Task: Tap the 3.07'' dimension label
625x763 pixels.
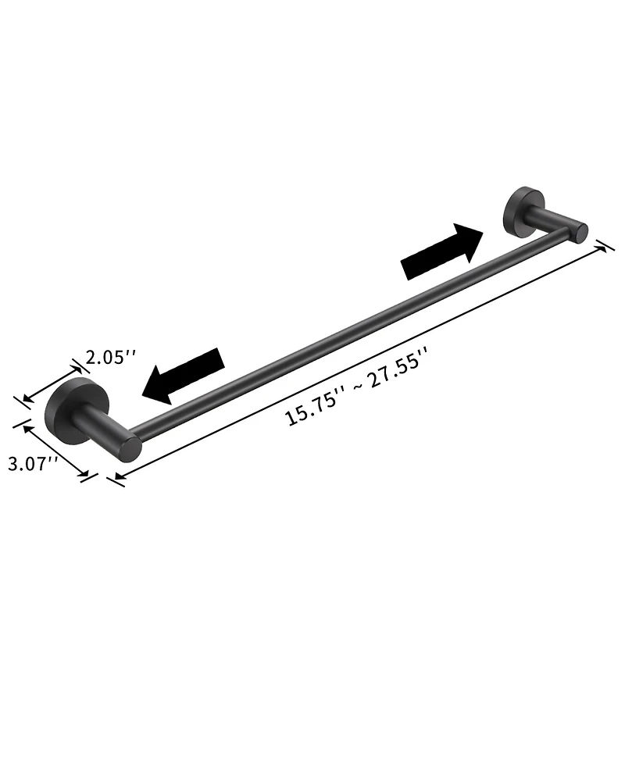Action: (33, 463)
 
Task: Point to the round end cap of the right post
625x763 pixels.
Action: (580, 232)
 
